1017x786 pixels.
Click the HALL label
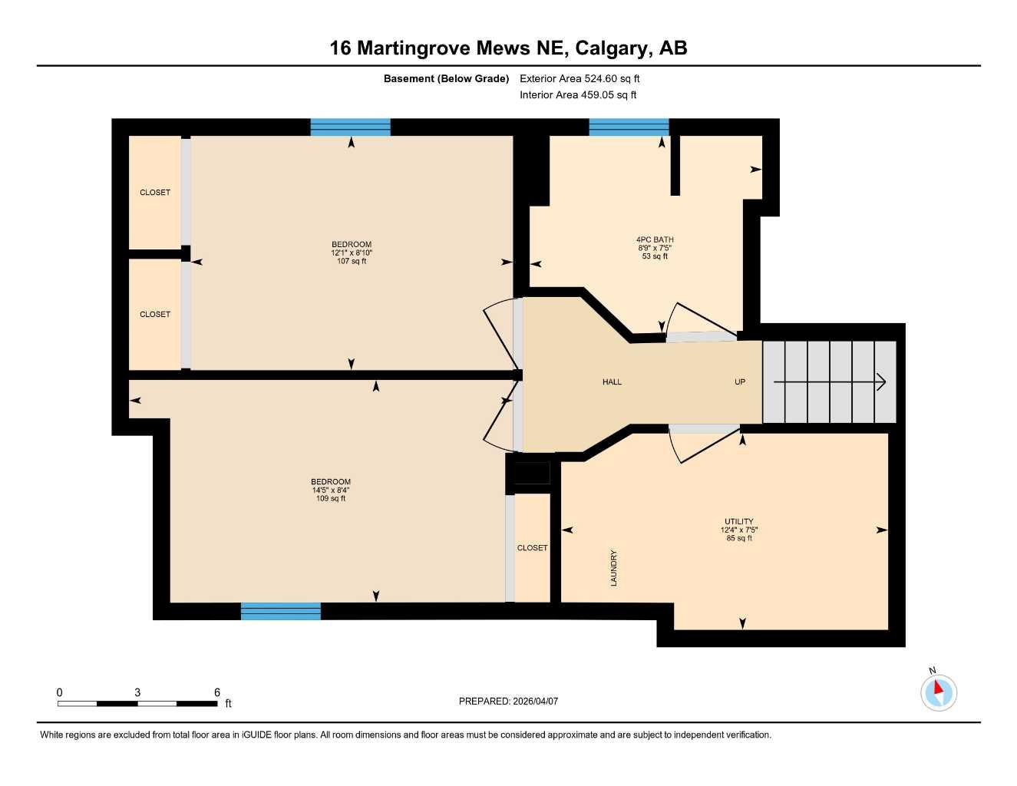[x=612, y=381]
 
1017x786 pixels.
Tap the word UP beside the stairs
[x=739, y=381]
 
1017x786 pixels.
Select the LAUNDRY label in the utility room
[x=613, y=568]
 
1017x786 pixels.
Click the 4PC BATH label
[x=655, y=239]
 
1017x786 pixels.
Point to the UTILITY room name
[x=738, y=521]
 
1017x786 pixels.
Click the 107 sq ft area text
[x=352, y=261]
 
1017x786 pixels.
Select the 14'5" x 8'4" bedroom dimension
[x=331, y=490]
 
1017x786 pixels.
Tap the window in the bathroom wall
[x=629, y=127]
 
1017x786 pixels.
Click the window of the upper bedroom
[x=350, y=127]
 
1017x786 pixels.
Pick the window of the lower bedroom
[x=280, y=611]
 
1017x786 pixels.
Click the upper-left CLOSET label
[x=155, y=193]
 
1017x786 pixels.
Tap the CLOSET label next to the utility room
[x=532, y=548]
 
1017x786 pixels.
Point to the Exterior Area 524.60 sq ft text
[x=579, y=78]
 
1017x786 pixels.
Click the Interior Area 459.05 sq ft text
[x=578, y=95]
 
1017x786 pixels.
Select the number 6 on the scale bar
[x=217, y=692]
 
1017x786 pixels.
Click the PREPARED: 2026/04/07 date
[x=508, y=701]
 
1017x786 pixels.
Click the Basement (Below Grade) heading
[x=446, y=78]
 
